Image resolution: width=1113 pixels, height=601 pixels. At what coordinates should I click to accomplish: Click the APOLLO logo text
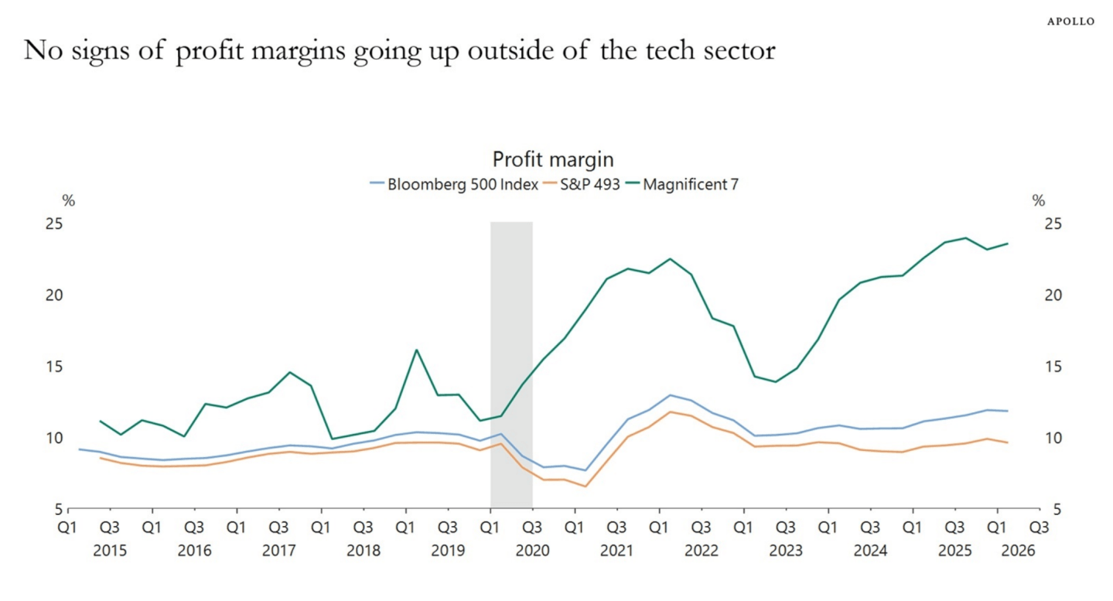[1070, 22]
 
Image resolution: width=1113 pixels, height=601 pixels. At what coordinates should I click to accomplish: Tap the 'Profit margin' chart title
[553, 159]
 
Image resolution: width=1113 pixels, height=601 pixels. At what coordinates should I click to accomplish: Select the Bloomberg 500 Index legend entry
[454, 184]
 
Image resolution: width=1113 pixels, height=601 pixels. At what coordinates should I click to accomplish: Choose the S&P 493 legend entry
[582, 184]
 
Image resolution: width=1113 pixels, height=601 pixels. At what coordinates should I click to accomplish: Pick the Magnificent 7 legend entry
[681, 184]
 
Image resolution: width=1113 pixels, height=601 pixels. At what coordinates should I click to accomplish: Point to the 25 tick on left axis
[54, 224]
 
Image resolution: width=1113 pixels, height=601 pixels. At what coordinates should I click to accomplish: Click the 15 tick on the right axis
[1053, 367]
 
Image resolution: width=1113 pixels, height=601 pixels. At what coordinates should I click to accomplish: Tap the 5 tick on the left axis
[59, 510]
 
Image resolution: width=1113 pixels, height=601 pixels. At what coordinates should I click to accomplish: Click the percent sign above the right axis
[1039, 200]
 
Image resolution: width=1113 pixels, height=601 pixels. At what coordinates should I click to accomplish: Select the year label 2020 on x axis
[532, 551]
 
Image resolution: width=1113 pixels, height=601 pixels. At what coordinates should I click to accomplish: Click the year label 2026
[1018, 551]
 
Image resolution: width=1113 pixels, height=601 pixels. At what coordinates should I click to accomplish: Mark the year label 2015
[110, 551]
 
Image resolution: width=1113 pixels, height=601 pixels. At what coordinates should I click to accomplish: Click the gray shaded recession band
[511, 365]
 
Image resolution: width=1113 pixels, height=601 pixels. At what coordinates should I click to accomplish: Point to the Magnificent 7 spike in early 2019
[416, 350]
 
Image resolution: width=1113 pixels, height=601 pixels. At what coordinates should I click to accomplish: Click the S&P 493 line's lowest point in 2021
[586, 486]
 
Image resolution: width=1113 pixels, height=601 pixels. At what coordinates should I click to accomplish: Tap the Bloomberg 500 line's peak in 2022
[671, 395]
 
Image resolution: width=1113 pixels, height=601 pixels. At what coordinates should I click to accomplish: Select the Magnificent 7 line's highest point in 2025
[966, 238]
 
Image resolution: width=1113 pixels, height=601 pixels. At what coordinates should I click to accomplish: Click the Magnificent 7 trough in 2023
[775, 381]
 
